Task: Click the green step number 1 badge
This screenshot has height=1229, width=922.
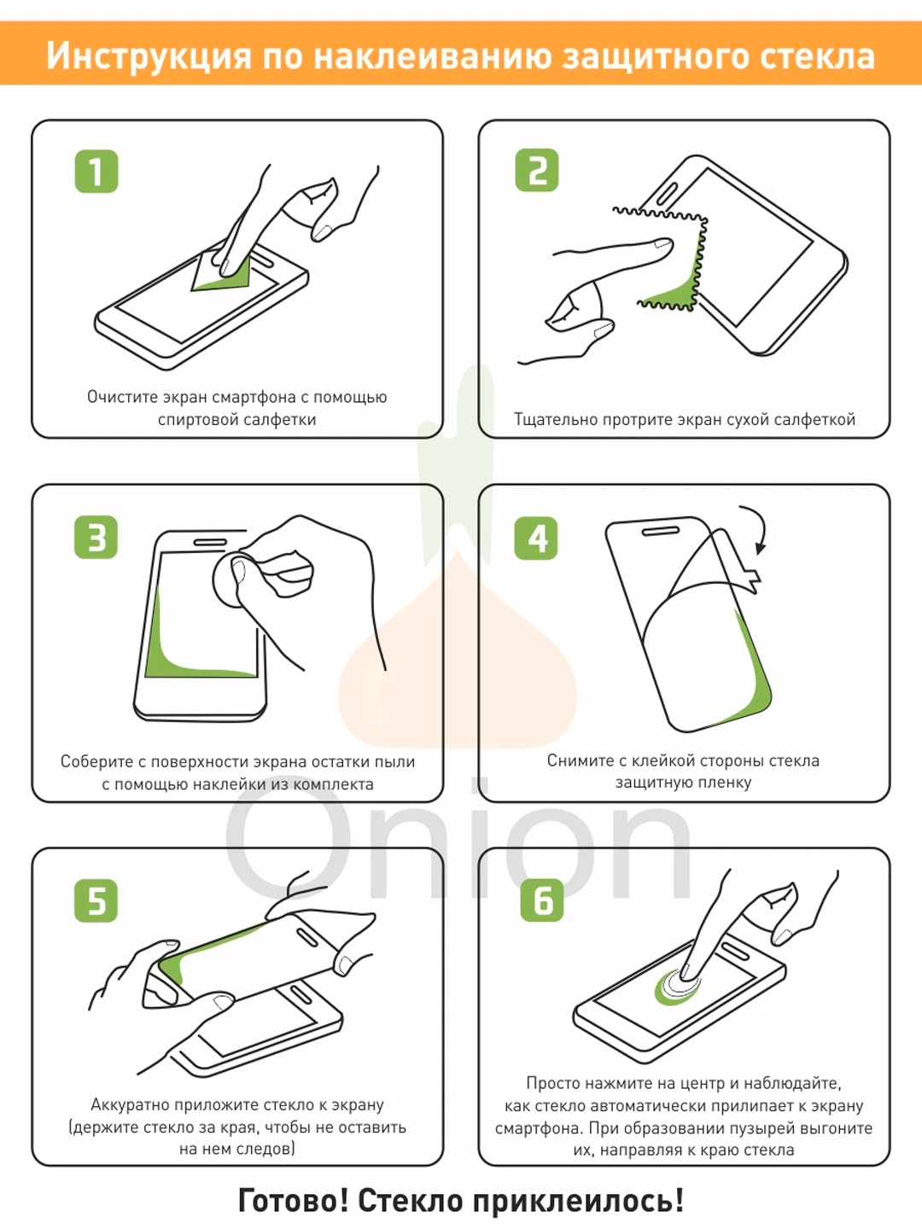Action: (96, 171)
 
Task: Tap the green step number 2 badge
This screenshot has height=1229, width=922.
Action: (537, 170)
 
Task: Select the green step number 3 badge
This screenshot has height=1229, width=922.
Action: (96, 537)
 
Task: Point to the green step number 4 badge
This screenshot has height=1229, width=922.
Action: (536, 538)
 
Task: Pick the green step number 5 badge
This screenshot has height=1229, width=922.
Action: (96, 900)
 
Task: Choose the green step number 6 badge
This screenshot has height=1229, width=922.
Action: (542, 900)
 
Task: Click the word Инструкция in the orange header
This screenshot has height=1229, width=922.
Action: (149, 56)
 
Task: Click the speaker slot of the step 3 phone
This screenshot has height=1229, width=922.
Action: (211, 542)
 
